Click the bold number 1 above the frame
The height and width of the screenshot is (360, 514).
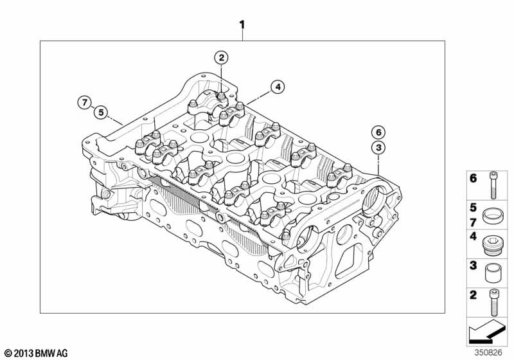pyautogui.click(x=242, y=25)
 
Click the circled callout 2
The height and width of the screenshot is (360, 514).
pyautogui.click(x=221, y=58)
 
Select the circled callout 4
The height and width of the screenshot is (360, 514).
pyautogui.click(x=278, y=87)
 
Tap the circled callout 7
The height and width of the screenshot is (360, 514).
pyautogui.click(x=85, y=103)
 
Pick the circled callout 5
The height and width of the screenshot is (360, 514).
pyautogui.click(x=101, y=113)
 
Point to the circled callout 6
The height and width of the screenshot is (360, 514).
pyautogui.click(x=378, y=132)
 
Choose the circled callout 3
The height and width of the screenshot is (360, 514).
pyautogui.click(x=378, y=148)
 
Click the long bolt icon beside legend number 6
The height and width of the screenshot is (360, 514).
pyautogui.click(x=493, y=185)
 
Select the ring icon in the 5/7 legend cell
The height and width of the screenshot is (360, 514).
pyautogui.click(x=493, y=215)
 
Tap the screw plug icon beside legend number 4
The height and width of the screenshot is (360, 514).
pyautogui.click(x=493, y=244)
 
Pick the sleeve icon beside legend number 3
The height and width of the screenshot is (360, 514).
pyautogui.click(x=493, y=273)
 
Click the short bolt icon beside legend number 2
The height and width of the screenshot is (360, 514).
pyautogui.click(x=493, y=302)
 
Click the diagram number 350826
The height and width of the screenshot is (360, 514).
pyautogui.click(x=488, y=353)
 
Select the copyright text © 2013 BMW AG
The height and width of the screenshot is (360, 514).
pyautogui.click(x=37, y=353)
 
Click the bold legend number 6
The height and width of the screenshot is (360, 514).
pyautogui.click(x=473, y=179)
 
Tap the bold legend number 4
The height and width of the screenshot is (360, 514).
pyautogui.click(x=473, y=236)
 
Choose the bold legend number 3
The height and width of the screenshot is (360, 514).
pyautogui.click(x=473, y=265)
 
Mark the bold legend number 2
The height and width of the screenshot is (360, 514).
pyautogui.click(x=473, y=295)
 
